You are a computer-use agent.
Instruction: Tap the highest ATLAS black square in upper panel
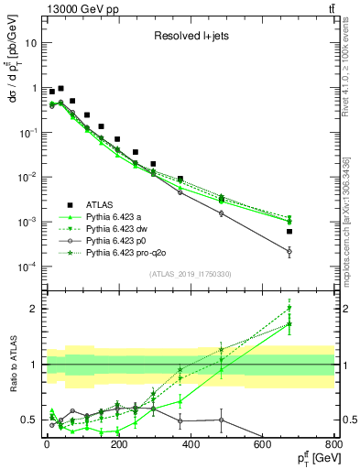click(x=61, y=89)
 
